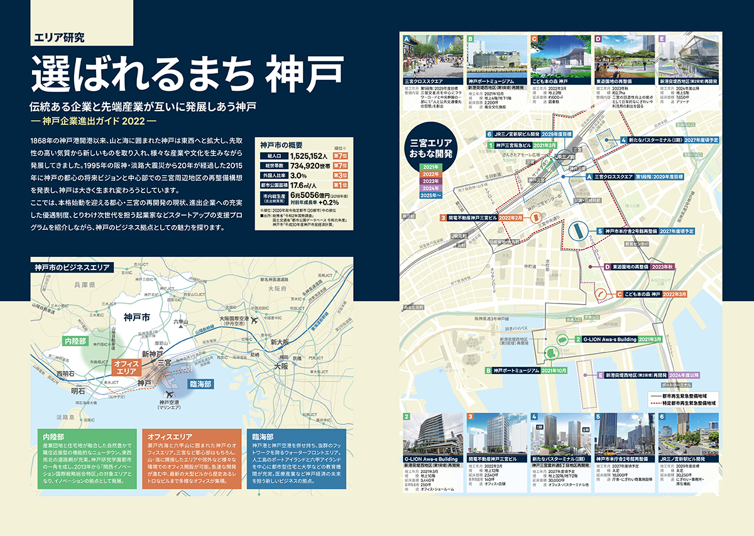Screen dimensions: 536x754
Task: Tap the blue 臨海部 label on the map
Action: click(200, 384)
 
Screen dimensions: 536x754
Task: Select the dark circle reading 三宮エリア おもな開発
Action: click(432, 149)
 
